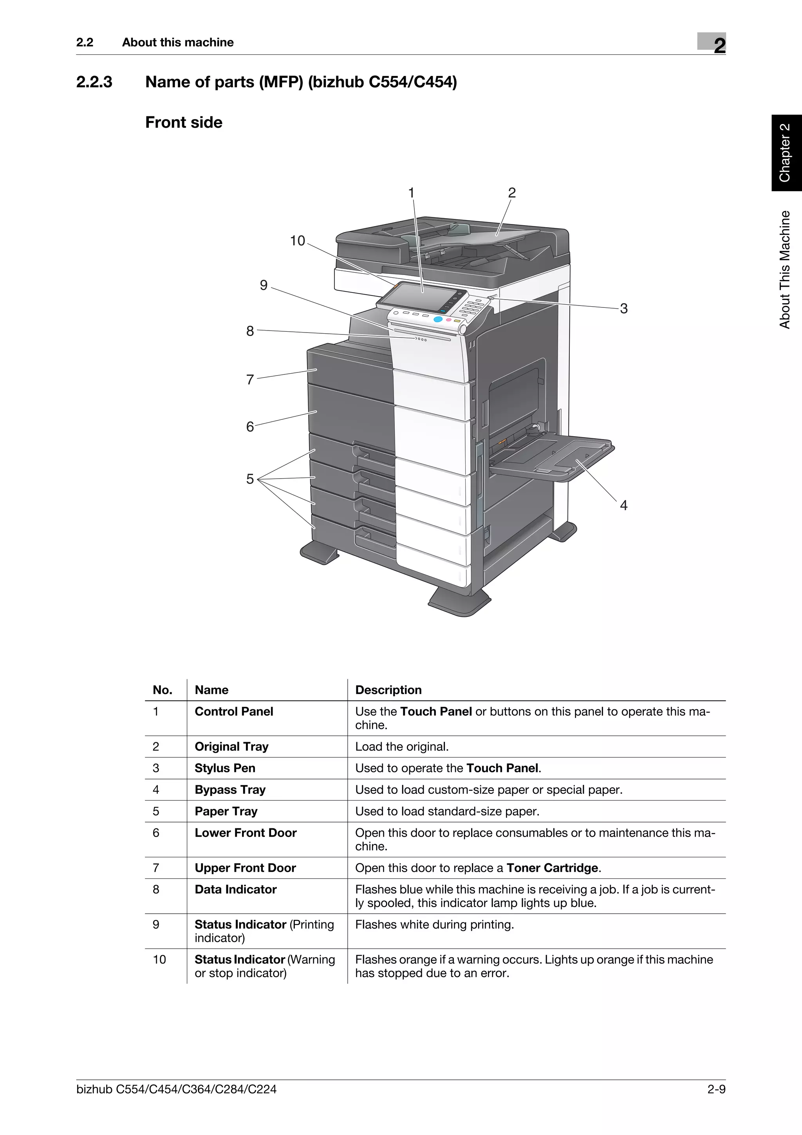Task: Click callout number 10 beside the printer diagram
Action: click(x=298, y=241)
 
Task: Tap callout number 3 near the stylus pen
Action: click(x=623, y=309)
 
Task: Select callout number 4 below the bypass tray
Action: click(x=623, y=505)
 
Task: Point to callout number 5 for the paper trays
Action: click(x=250, y=479)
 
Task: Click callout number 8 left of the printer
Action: click(x=250, y=331)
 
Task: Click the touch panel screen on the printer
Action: click(x=415, y=296)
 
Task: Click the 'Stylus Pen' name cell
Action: click(x=225, y=768)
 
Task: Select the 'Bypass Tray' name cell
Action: click(x=230, y=790)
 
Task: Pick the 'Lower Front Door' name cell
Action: click(x=246, y=833)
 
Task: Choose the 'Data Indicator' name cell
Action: click(x=235, y=889)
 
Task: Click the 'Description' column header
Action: click(x=388, y=690)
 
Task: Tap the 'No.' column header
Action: click(x=163, y=690)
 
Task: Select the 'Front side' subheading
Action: click(x=184, y=122)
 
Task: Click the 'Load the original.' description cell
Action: click(x=402, y=746)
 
